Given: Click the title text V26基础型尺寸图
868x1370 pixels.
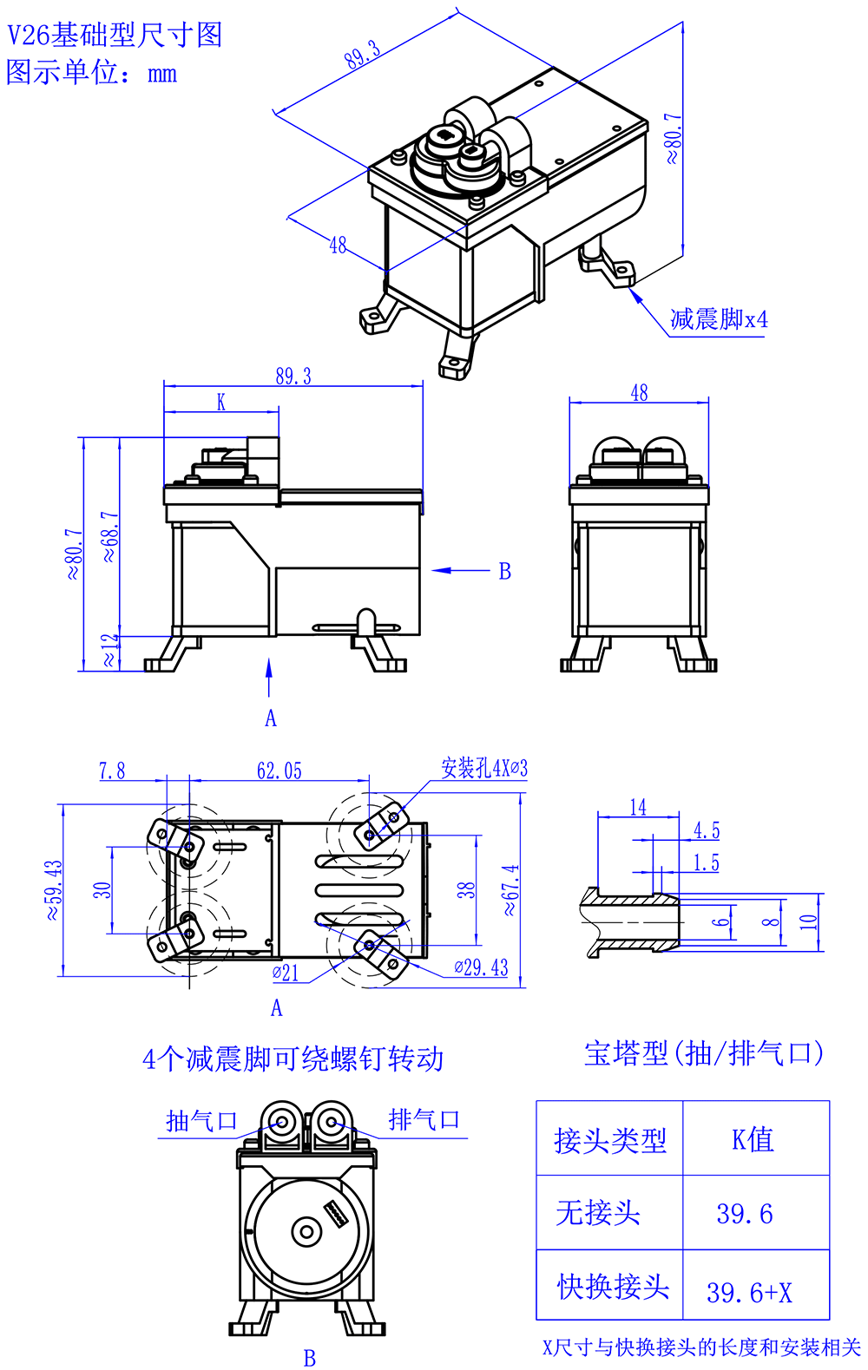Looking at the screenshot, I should pyautogui.click(x=115, y=36).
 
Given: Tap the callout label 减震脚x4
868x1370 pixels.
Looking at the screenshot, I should pyautogui.click(x=719, y=320).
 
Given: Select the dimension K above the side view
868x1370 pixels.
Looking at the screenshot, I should pyautogui.click(x=221, y=402).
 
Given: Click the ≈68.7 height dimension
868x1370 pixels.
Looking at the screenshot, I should pyautogui.click(x=109, y=536).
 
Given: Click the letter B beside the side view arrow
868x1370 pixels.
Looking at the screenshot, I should pyautogui.click(x=504, y=572).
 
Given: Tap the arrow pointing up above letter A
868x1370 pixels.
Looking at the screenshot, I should pyautogui.click(x=269, y=677).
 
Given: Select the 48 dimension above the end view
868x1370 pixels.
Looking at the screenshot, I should pyautogui.click(x=639, y=393).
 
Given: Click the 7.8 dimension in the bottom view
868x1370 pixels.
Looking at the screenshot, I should pyautogui.click(x=112, y=770).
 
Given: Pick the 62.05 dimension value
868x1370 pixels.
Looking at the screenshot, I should pyautogui.click(x=279, y=770).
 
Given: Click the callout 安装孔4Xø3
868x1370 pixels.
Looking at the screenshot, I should pyautogui.click(x=484, y=769).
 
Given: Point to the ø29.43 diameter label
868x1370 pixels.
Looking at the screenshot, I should pyautogui.click(x=482, y=967).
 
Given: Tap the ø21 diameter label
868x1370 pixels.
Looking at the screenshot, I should pyautogui.click(x=286, y=973).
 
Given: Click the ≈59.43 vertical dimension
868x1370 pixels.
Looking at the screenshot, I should pyautogui.click(x=54, y=889).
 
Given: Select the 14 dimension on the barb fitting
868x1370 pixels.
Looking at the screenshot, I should pyautogui.click(x=638, y=808).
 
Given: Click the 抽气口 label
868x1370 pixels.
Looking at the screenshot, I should pyautogui.click(x=201, y=1121).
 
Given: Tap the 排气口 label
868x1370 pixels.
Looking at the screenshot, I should pyautogui.click(x=424, y=1120).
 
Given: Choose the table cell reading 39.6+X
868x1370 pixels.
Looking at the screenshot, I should pyautogui.click(x=749, y=1293).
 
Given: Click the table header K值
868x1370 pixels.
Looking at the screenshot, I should pyautogui.click(x=753, y=1139).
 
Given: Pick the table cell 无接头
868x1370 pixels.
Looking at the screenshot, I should pyautogui.click(x=598, y=1213).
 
